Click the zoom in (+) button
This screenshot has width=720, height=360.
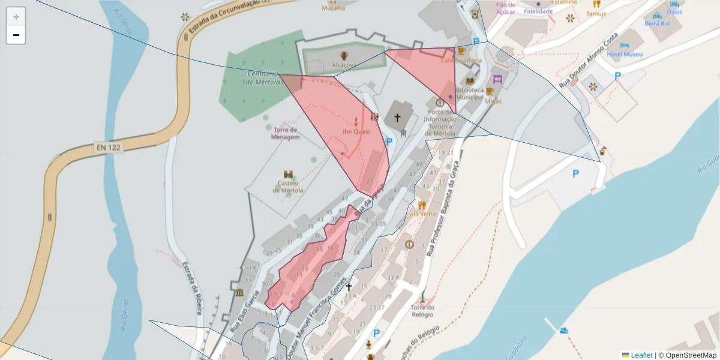(16, 17)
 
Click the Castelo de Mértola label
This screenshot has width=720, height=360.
(288, 186)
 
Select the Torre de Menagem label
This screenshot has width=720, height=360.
(285, 133)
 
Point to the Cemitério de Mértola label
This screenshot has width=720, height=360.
(263, 78)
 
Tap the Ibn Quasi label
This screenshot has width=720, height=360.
(356, 131)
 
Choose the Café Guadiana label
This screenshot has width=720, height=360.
(461, 60)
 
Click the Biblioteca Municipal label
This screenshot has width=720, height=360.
(470, 93)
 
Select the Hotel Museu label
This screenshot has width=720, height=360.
(625, 54)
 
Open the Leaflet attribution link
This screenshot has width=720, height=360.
(640, 355)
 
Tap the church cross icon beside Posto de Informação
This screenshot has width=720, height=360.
(397, 118)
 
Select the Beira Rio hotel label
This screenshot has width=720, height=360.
(656, 23)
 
